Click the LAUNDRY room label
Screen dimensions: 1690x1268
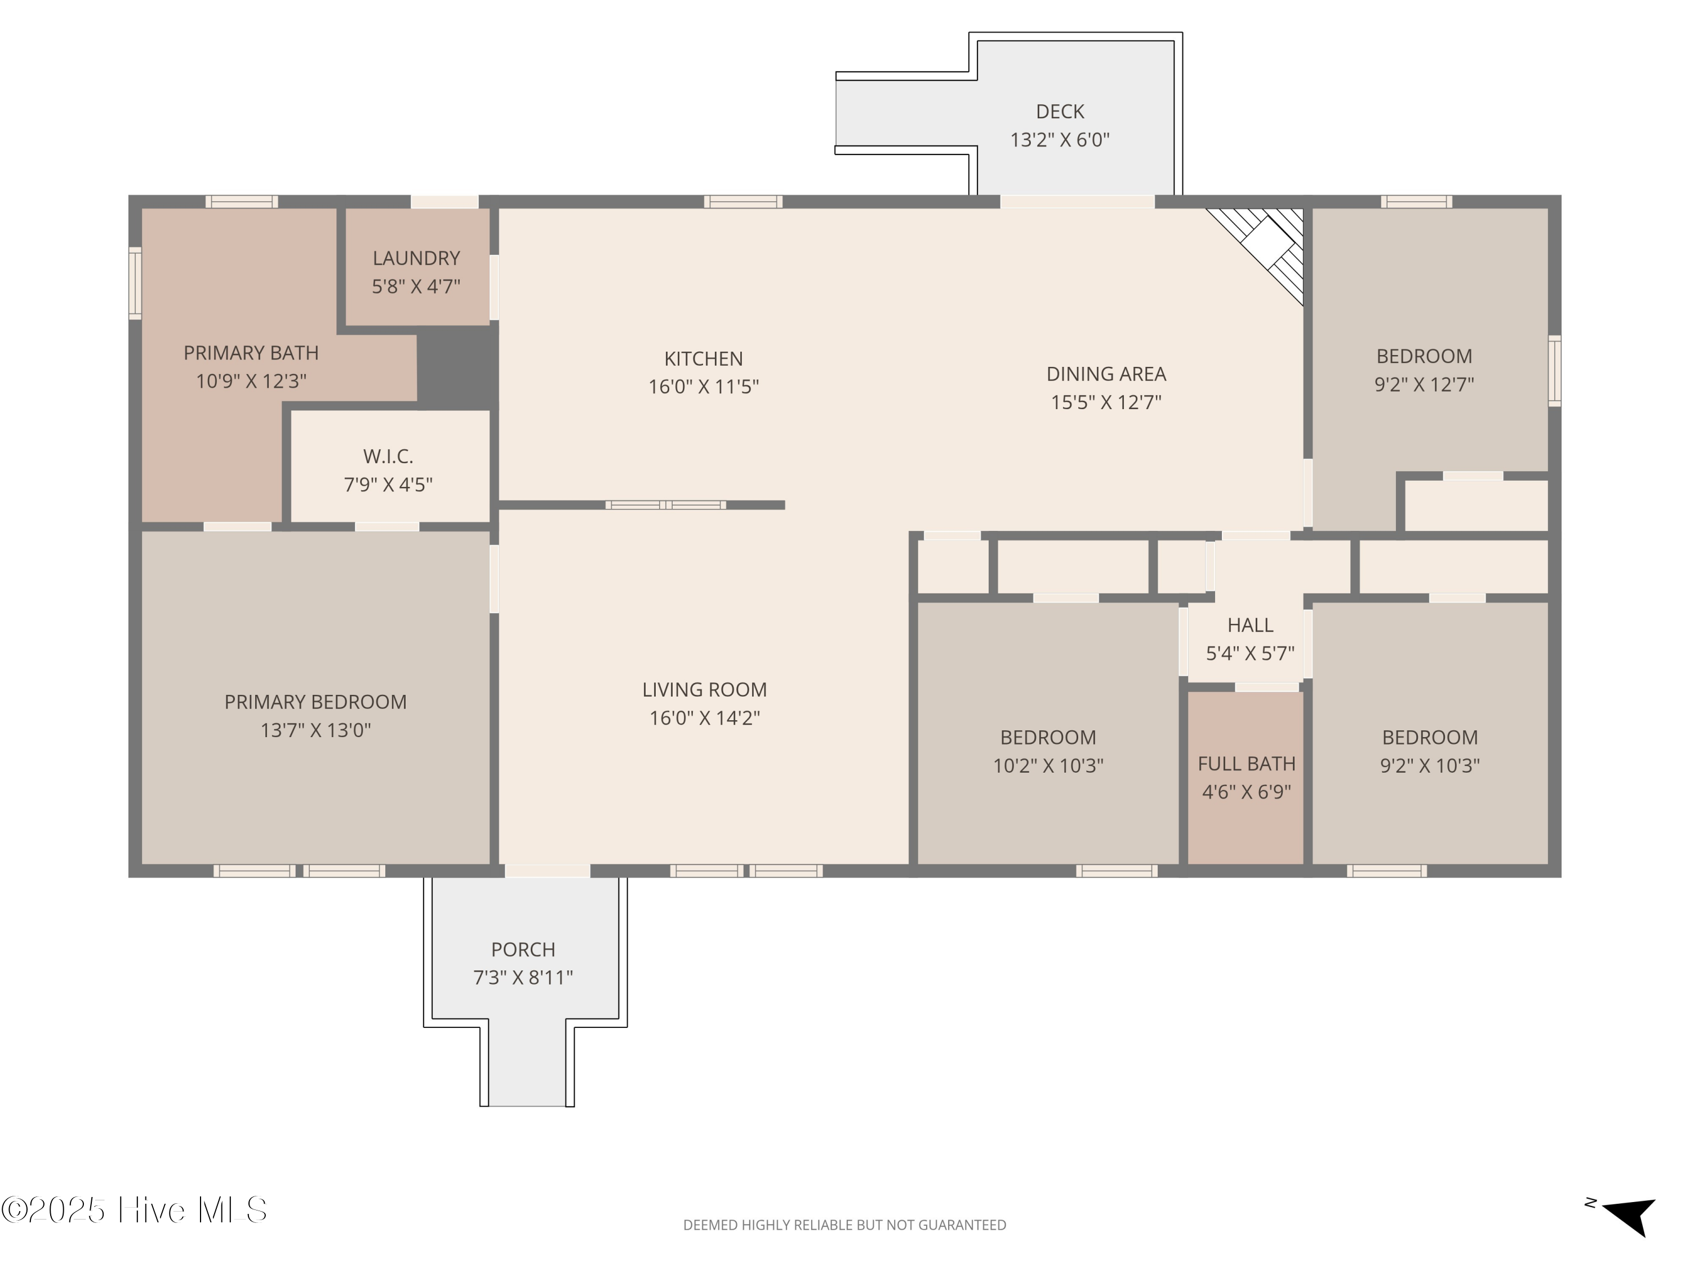click(416, 258)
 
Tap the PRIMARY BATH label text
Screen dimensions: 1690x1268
click(251, 353)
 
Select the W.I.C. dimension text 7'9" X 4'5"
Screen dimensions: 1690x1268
click(388, 485)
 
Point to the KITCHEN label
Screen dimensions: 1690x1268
click(703, 358)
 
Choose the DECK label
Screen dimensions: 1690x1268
click(1060, 112)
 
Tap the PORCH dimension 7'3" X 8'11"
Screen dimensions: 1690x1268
click(523, 978)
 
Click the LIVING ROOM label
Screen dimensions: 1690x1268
click(704, 689)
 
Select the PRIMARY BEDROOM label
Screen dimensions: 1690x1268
click(315, 702)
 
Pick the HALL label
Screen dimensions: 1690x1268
click(1250, 625)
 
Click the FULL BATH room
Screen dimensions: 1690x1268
click(1246, 777)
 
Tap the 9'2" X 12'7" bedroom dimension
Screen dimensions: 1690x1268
click(1424, 384)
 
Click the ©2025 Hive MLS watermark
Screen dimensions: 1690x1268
click(135, 1210)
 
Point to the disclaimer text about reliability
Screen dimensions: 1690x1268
click(844, 1225)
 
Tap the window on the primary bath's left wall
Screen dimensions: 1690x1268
click(135, 283)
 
